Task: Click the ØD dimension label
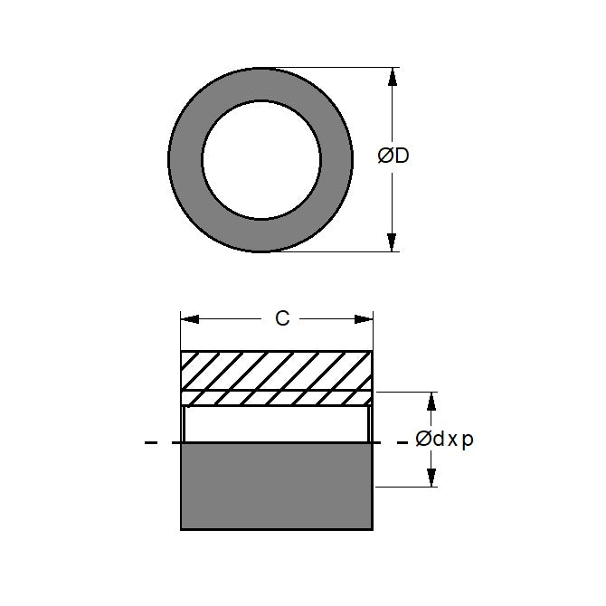[393, 156]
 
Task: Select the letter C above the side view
[282, 318]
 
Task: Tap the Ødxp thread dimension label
[444, 440]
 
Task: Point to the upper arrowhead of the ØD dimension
[392, 78]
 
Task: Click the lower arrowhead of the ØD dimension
[392, 241]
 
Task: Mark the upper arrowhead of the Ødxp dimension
[431, 402]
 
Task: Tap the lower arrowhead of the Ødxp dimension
[431, 478]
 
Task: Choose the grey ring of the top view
[185, 160]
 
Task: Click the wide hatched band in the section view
[277, 370]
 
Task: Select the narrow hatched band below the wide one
[277, 398]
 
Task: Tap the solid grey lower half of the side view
[277, 486]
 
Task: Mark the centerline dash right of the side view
[399, 443]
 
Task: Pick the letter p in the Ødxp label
[468, 441]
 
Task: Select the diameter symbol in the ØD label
[384, 156]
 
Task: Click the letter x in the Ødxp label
[452, 441]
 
